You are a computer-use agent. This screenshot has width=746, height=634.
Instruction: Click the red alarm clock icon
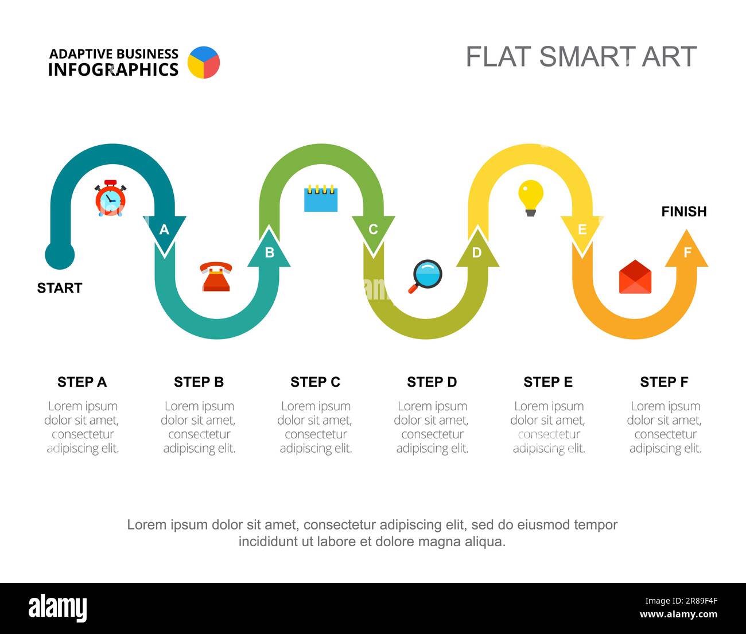click(x=110, y=198)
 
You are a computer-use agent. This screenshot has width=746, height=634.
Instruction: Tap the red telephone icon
click(x=216, y=277)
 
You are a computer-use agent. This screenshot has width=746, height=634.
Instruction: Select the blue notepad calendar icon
click(x=321, y=198)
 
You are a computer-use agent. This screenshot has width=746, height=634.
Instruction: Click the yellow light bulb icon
click(x=531, y=198)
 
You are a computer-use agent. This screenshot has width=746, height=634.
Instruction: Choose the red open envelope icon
click(x=635, y=277)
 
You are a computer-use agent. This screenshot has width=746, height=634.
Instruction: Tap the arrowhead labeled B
click(x=269, y=247)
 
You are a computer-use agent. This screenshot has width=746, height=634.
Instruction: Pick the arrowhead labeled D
click(x=477, y=247)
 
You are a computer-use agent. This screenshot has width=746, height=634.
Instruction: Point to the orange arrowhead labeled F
click(x=686, y=248)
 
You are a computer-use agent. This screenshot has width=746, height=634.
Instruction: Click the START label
click(x=60, y=288)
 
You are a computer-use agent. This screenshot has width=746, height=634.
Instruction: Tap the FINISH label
click(x=684, y=212)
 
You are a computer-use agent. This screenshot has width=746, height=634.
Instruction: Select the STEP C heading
click(x=316, y=382)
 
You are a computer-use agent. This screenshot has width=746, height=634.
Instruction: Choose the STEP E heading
click(x=548, y=382)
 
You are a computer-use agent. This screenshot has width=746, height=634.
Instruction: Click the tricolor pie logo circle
click(x=204, y=63)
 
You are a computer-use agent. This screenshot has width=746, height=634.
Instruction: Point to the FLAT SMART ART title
click(x=581, y=57)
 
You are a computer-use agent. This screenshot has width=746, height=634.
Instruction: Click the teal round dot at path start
click(x=60, y=255)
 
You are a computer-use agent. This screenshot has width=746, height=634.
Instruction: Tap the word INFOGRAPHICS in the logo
click(x=113, y=69)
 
